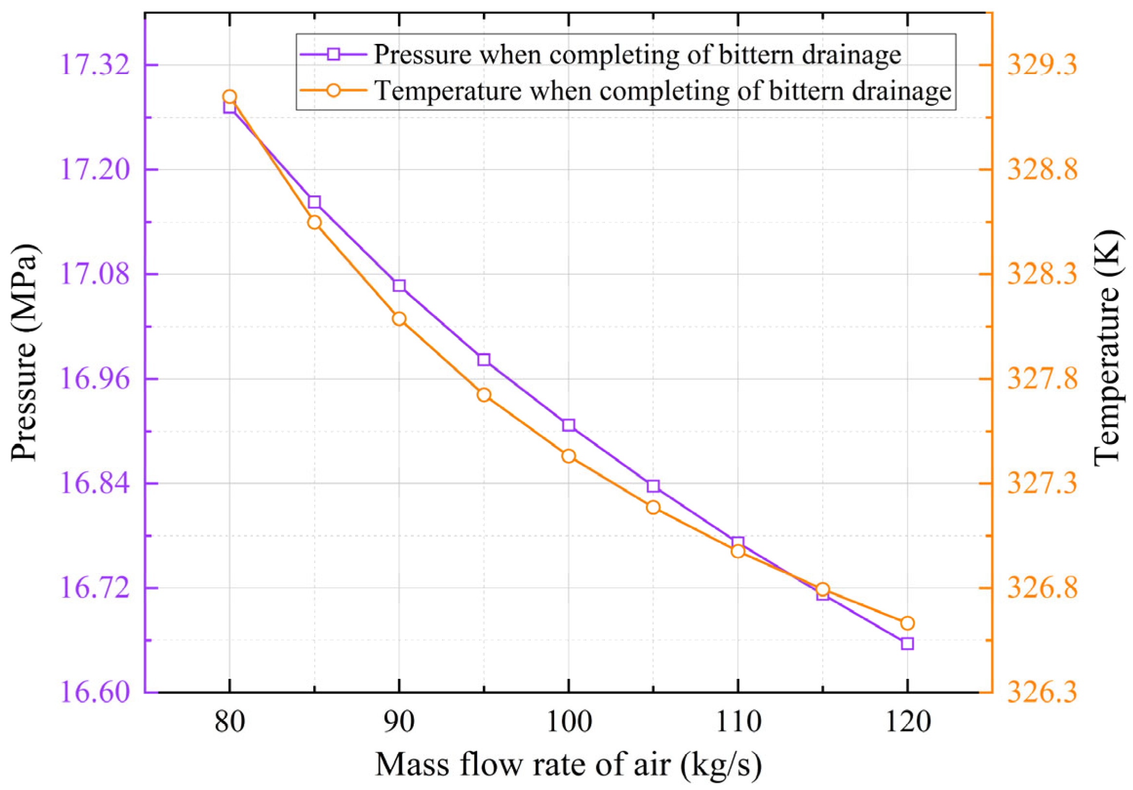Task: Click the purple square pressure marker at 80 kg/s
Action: tap(229, 107)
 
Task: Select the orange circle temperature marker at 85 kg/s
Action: tap(314, 223)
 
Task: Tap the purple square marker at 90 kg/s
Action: tap(399, 286)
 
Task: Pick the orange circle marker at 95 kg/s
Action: tap(483, 395)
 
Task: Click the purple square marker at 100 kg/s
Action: tap(569, 425)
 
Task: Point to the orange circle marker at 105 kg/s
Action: tap(653, 507)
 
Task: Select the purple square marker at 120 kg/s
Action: tap(907, 643)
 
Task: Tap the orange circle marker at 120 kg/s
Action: tap(907, 623)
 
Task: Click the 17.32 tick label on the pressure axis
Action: tap(92, 66)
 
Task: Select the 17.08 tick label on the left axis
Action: tap(92, 275)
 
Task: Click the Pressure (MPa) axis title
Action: tap(25, 353)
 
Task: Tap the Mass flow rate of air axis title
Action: tap(569, 765)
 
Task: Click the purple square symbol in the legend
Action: tap(334, 54)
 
